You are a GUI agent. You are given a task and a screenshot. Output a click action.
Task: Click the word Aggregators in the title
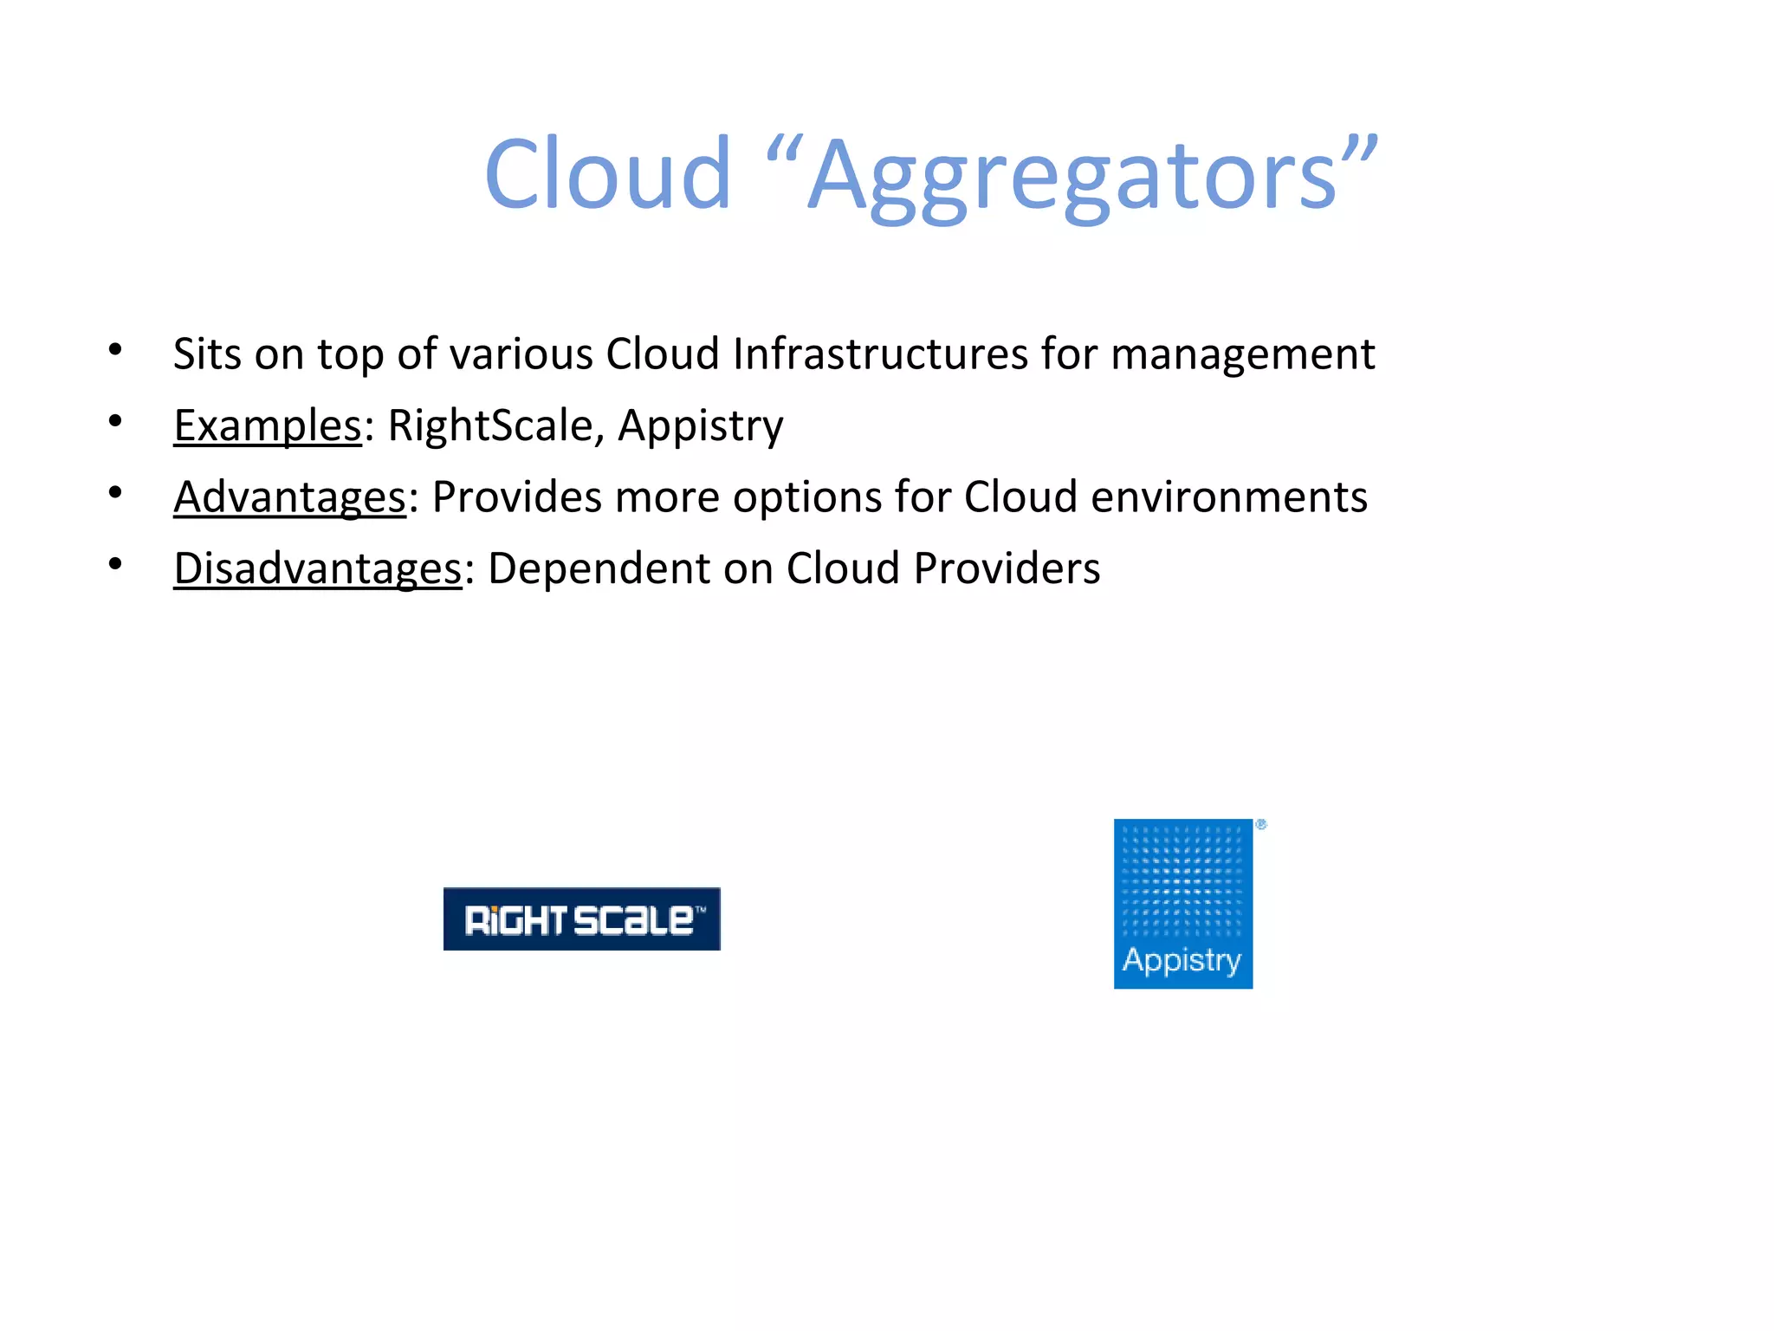coord(1074,178)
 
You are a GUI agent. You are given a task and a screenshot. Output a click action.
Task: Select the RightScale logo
coord(581,919)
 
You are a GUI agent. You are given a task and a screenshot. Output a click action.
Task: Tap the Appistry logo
coord(1183,903)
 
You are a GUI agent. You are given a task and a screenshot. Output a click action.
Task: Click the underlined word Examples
coord(267,425)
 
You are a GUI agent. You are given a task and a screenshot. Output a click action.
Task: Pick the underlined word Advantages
coord(289,497)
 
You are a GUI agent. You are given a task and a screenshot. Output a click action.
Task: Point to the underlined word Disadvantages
coord(317,569)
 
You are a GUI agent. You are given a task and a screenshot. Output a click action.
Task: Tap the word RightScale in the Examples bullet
coord(490,425)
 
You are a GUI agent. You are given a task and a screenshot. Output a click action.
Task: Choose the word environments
coord(1228,497)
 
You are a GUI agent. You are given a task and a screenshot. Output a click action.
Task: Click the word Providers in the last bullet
coord(1007,569)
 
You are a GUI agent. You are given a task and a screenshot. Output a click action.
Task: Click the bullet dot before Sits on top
coord(115,350)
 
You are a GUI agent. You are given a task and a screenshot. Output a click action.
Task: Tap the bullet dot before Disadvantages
coord(115,565)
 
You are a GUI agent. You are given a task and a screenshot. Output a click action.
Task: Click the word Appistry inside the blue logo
coord(1182,960)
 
